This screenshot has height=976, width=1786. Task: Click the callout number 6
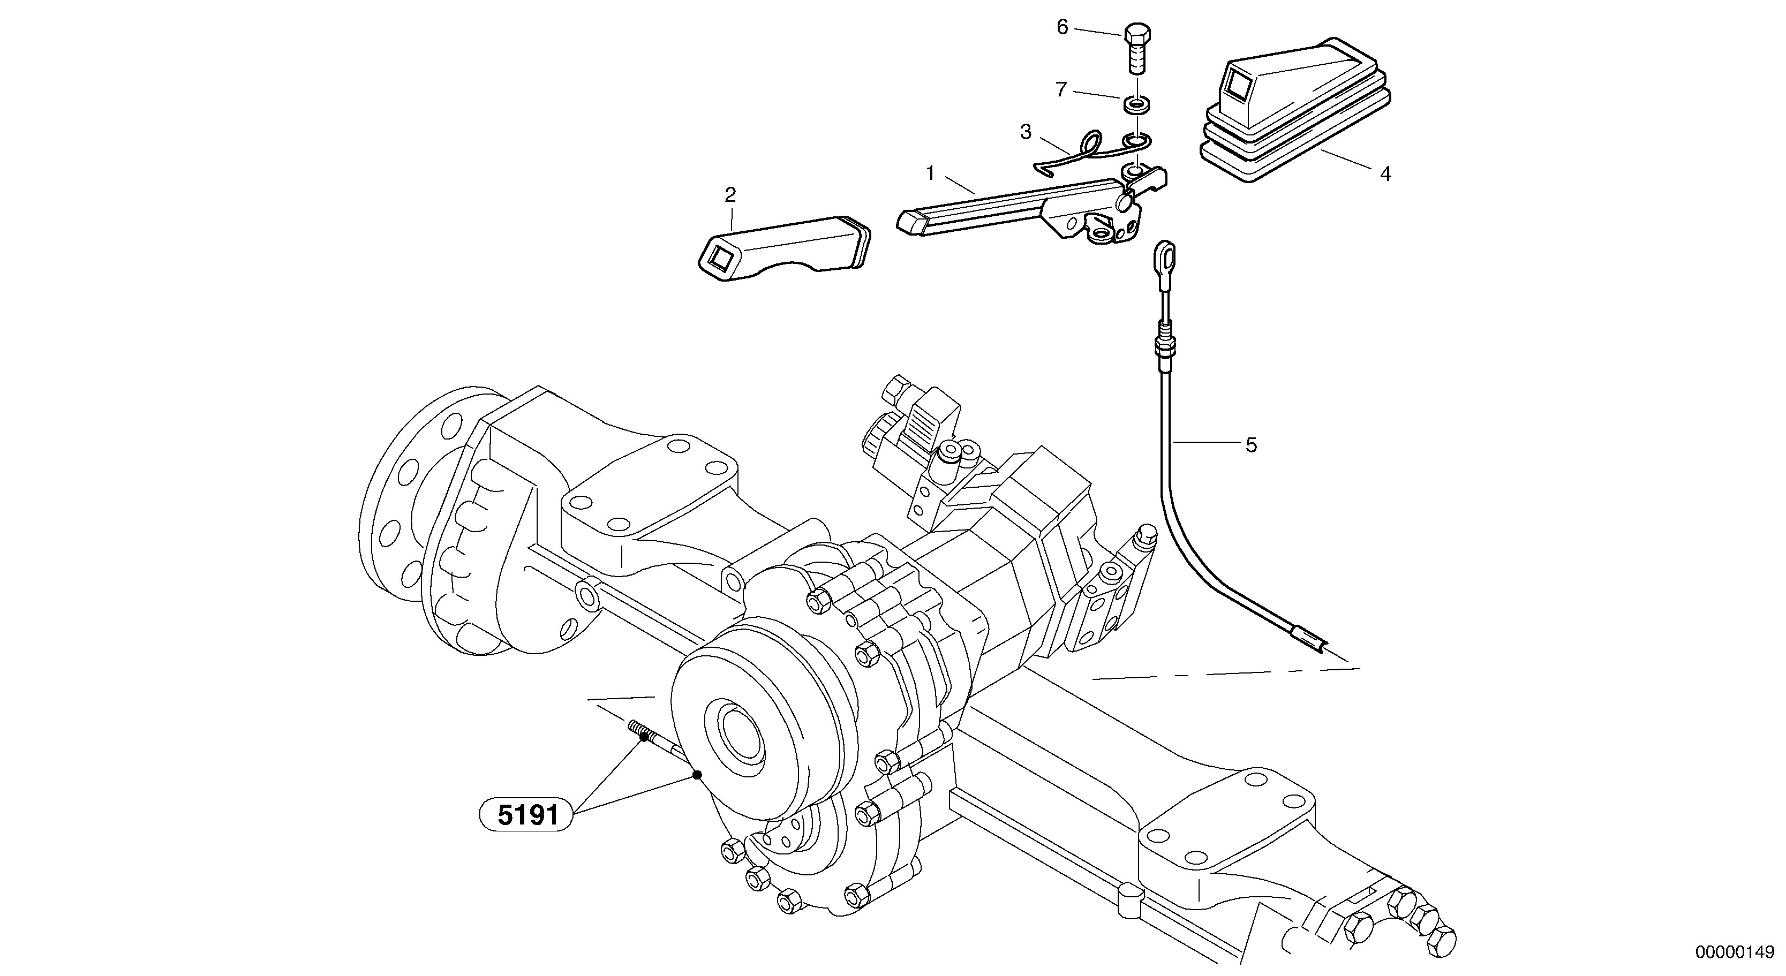(1062, 27)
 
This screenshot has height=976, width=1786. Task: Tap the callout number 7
(1061, 90)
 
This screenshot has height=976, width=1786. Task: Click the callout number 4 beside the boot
(1385, 174)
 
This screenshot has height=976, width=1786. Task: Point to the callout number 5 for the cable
(1251, 445)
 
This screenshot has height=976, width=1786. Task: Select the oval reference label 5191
(527, 815)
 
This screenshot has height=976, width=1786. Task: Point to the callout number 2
(730, 195)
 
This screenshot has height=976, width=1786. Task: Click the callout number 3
(1026, 132)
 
